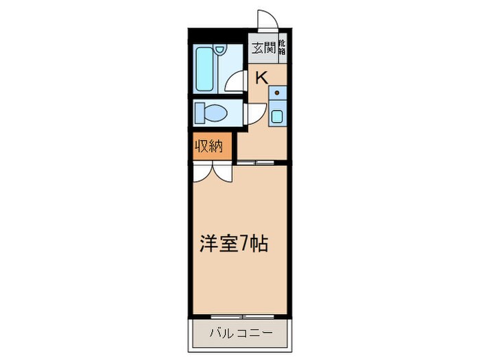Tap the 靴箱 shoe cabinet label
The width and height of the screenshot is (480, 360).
click(x=282, y=49)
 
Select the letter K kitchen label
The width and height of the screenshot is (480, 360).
click(x=261, y=76)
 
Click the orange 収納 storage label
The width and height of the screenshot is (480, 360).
click(x=211, y=147)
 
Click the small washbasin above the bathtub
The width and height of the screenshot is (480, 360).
click(x=218, y=50)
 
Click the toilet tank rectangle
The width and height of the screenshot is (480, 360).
click(x=200, y=111)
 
